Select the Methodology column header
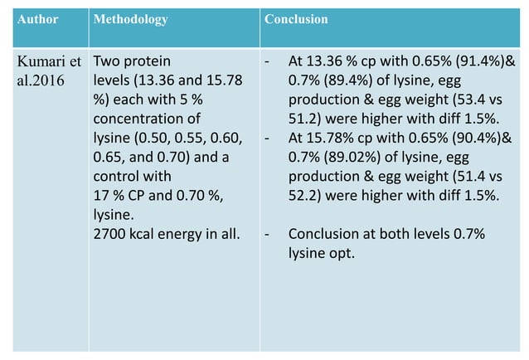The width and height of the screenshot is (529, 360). [131, 18]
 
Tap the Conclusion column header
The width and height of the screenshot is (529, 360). [296, 18]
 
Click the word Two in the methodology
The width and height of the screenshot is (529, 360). [106, 61]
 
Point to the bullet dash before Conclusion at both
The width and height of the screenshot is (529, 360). [267, 235]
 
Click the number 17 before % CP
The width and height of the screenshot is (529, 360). [101, 197]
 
